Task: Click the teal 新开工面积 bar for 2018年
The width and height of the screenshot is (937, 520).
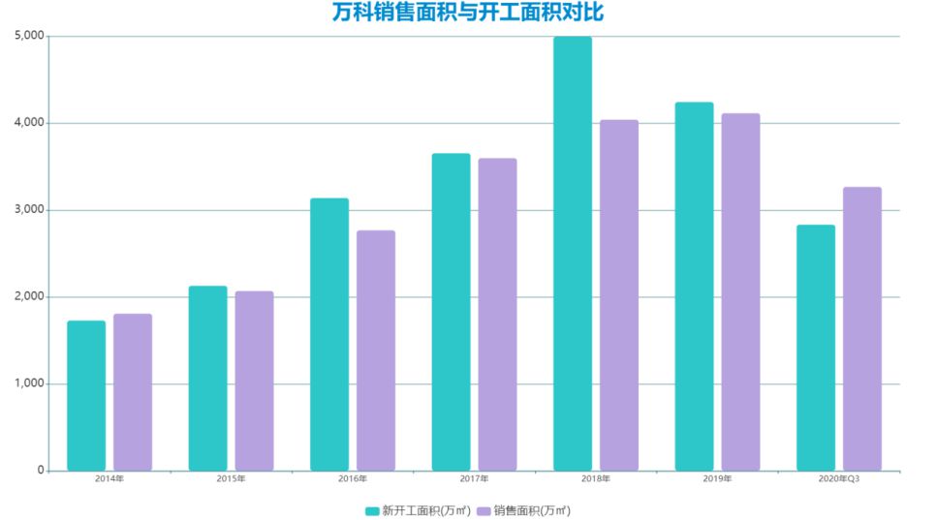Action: (572, 254)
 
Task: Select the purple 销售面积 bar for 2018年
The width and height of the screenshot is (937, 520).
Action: (619, 295)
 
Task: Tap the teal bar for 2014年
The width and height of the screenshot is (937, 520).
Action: (86, 395)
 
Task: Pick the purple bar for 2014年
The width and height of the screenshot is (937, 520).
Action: (133, 392)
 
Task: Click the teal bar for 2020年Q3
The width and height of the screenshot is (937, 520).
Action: (815, 348)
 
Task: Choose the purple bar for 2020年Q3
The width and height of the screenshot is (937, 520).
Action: (861, 328)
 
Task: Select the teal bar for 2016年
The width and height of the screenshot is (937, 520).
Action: (329, 334)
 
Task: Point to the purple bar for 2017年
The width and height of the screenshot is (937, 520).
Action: (497, 315)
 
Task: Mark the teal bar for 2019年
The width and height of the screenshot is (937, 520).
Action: (694, 287)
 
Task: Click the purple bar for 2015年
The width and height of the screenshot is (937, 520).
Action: (254, 381)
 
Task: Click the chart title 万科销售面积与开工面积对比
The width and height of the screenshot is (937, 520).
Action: (468, 13)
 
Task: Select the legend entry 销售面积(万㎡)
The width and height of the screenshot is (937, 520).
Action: (524, 510)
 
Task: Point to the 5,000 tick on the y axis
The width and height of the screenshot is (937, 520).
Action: (30, 36)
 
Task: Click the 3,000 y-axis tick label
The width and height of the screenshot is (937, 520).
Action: (30, 210)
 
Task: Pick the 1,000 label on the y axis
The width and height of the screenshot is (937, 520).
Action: (30, 383)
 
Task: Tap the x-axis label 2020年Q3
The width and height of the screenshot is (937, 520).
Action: (838, 479)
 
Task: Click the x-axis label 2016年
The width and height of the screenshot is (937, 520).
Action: (353, 479)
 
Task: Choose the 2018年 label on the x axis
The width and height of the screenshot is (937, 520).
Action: (596, 479)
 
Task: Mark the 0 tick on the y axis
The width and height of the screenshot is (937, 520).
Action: (41, 471)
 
